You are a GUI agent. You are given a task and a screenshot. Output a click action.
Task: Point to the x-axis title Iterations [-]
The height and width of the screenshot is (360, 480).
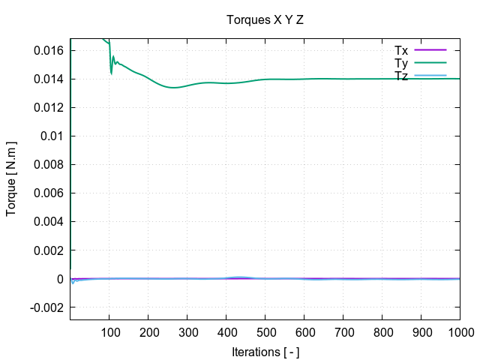(x=265, y=351)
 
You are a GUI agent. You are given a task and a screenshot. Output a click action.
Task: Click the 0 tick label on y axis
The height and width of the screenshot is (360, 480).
(x=61, y=279)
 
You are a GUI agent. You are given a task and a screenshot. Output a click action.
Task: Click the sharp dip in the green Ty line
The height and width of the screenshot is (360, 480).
(x=111, y=73)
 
